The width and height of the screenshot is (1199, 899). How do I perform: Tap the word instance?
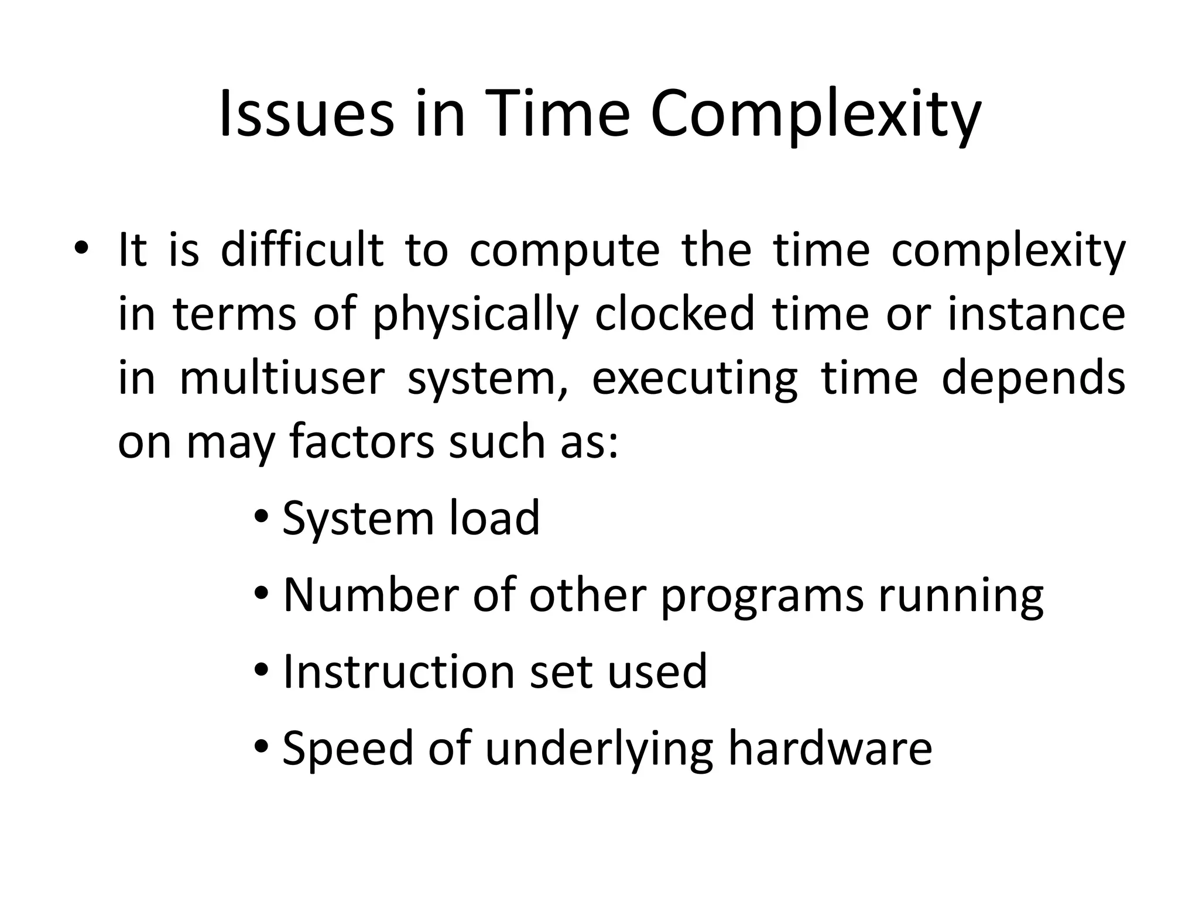[1036, 314]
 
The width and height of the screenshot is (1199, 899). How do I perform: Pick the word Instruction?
[398, 671]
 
